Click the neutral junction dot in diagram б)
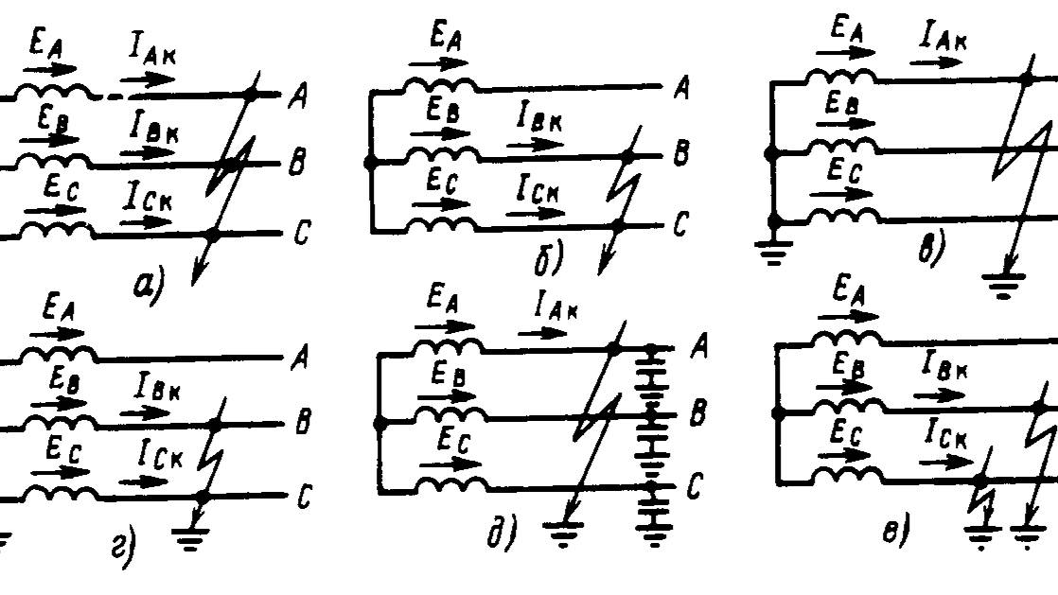click(371, 163)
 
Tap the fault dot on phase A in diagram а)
click(250, 94)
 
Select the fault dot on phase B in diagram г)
click(218, 427)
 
